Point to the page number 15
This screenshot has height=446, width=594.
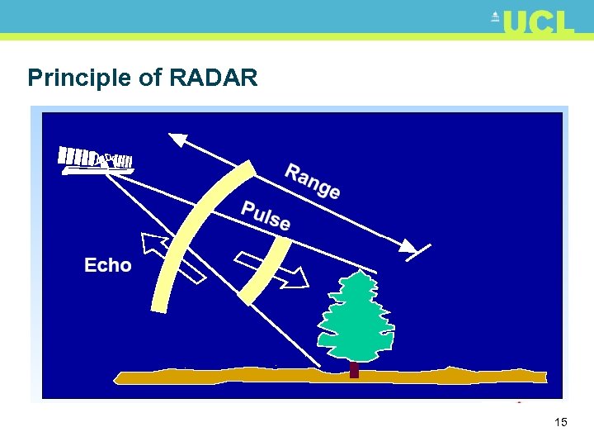(x=561, y=422)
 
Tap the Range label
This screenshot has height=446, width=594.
(x=312, y=181)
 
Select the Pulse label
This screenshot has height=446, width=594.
(x=266, y=216)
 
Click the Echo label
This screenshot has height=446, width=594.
(x=108, y=265)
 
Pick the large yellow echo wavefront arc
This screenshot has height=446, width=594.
(x=188, y=240)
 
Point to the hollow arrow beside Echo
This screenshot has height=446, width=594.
(x=172, y=258)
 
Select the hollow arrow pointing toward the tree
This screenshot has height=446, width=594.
(x=272, y=270)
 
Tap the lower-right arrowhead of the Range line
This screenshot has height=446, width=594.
(x=409, y=245)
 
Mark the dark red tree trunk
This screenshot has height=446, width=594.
(x=355, y=369)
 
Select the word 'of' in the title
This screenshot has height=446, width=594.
(x=148, y=78)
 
